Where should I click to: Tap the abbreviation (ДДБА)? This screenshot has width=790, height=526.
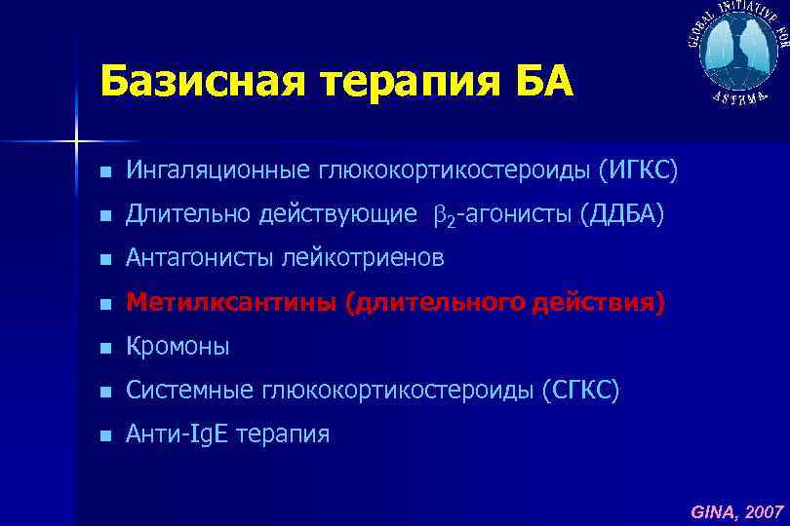point(621,214)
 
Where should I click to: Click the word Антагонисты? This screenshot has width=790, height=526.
point(200,258)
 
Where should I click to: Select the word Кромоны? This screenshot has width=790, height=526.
point(178,347)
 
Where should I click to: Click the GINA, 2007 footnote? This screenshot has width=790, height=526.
point(736,510)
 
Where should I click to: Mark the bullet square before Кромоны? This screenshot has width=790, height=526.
point(105,348)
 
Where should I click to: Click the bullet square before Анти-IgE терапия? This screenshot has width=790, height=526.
point(105,435)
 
